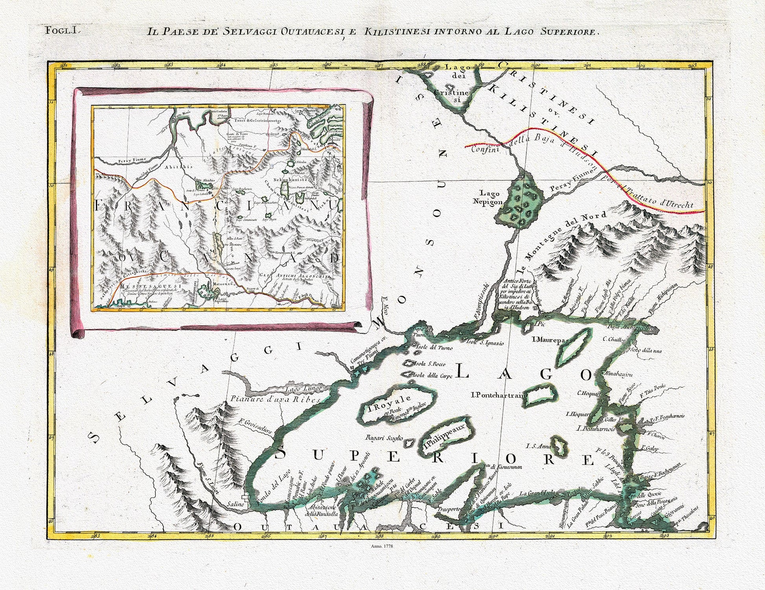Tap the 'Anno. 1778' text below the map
(382, 546)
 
